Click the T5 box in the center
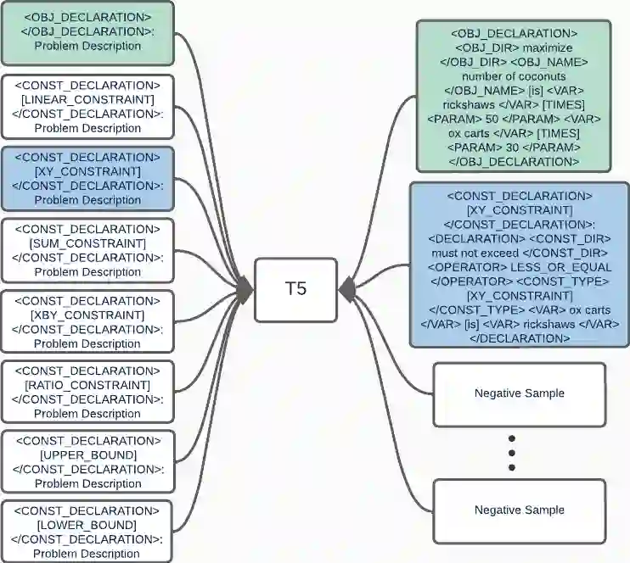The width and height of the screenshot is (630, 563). point(295,289)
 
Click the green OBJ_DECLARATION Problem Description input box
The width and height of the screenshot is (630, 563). point(87,32)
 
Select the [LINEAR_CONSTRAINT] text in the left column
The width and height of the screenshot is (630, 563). point(87,99)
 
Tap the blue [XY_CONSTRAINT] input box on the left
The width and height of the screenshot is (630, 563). point(87,171)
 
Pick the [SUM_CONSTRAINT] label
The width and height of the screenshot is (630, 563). point(87,243)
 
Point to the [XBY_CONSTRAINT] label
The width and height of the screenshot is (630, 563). point(87,315)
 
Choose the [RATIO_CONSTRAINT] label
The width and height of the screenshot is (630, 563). point(87,385)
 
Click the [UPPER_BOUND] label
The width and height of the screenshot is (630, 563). point(87,455)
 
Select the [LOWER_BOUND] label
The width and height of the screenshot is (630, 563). point(87,526)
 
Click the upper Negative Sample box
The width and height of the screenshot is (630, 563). point(519,393)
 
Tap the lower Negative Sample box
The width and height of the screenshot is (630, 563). point(519,510)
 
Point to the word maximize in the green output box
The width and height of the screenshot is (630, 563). point(549,47)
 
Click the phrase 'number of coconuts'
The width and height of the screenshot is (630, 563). point(513,76)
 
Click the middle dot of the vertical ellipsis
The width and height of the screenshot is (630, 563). point(512,453)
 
